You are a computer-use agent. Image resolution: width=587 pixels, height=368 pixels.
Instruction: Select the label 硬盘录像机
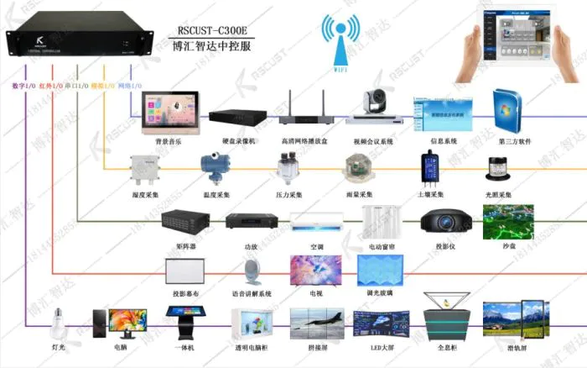pyautogui.click(x=231, y=141)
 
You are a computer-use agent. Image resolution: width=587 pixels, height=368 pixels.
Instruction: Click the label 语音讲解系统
pyautogui.click(x=252, y=294)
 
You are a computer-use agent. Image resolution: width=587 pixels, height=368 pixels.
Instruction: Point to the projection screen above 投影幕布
pyautogui.click(x=184, y=271)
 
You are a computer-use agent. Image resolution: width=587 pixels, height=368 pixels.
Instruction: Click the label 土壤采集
pyautogui.click(x=432, y=195)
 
